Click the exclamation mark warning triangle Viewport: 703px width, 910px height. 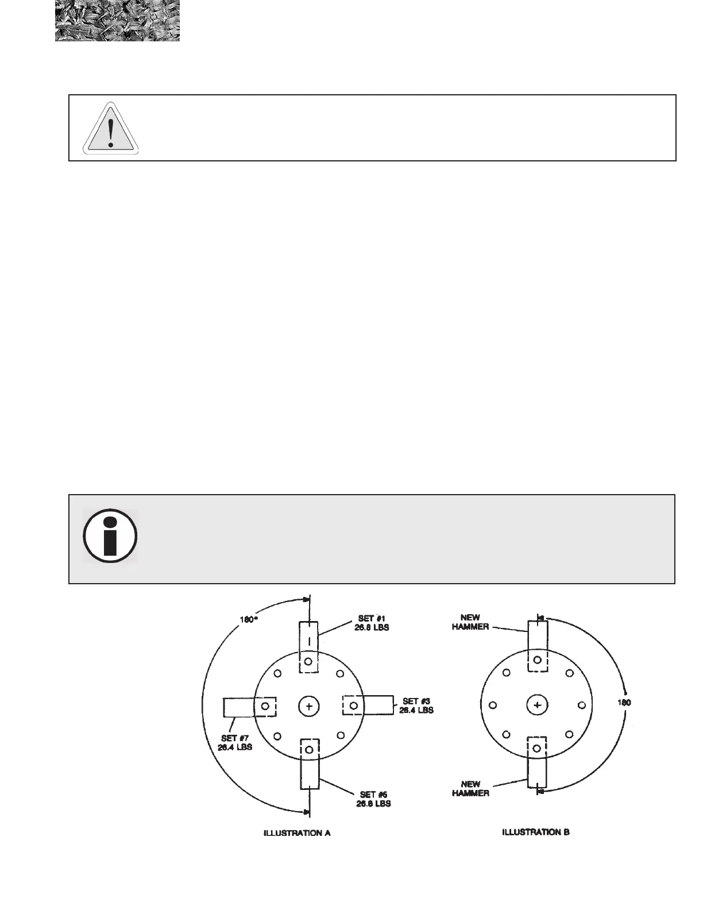coord(110,128)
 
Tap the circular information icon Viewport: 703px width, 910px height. coord(110,535)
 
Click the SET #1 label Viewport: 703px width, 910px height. coord(372,623)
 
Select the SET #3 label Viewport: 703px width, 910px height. coord(416,705)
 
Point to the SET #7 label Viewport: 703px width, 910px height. coord(235,743)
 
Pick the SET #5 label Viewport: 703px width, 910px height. coord(373,799)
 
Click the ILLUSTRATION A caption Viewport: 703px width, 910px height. coord(296,833)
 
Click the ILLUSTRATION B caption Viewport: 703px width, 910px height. coord(536,832)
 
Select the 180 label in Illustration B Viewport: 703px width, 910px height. coord(624,703)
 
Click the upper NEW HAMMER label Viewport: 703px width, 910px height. coord(470,622)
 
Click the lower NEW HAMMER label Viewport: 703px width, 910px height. coord(470,788)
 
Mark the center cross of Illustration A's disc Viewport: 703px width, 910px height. coord(309,706)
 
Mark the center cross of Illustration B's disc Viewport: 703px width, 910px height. coord(537,704)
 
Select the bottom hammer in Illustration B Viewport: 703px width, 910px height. coord(537,762)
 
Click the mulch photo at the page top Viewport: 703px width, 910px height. coord(117,21)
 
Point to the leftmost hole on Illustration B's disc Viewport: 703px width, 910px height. coord(492,705)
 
